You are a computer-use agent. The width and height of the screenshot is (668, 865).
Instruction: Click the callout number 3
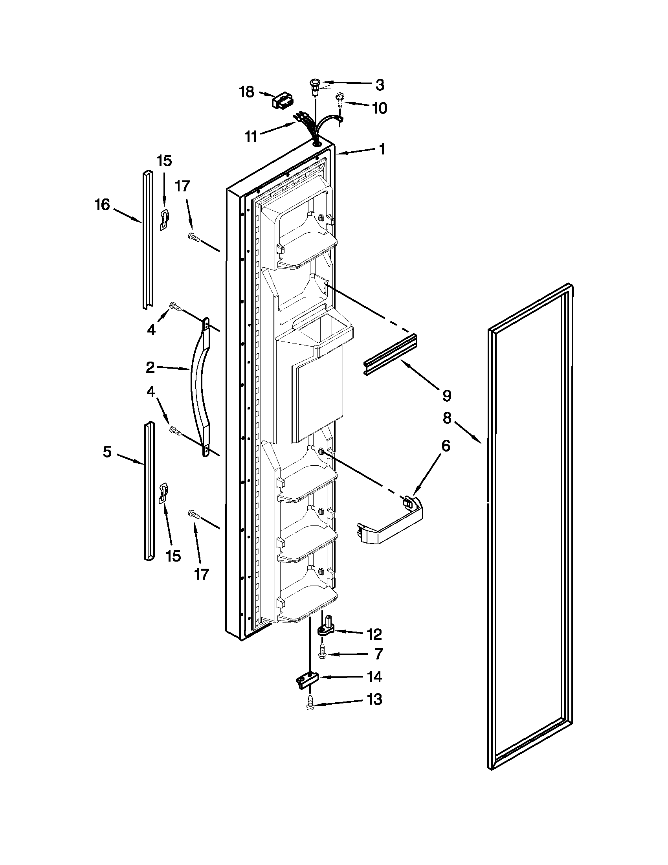379,84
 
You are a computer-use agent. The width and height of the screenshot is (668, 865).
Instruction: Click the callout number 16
102,205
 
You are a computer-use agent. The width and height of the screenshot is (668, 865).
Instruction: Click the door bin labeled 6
390,523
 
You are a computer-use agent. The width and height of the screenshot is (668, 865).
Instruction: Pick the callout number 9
446,395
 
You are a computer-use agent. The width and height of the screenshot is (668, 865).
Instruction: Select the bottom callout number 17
201,574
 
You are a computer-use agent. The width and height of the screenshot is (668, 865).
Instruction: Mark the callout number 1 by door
382,149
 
